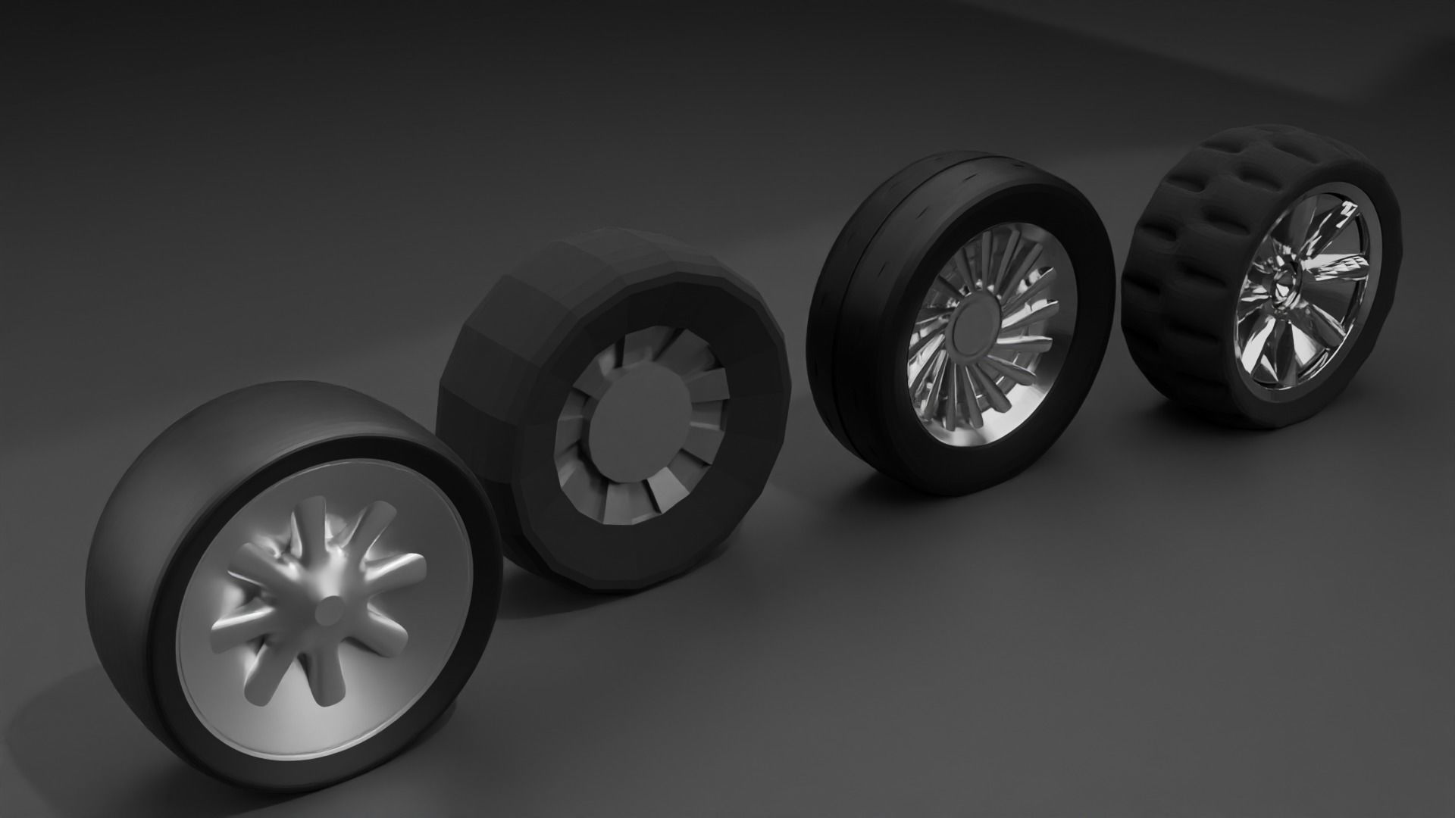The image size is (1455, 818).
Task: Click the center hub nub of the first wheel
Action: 328,609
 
